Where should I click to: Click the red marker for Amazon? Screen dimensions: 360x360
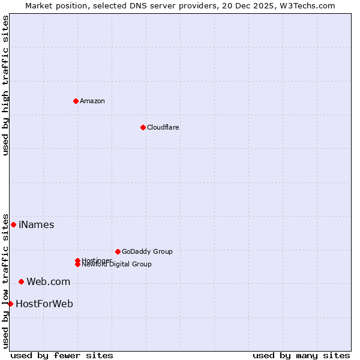(76, 101)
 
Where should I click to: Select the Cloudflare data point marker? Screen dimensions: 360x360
(143, 127)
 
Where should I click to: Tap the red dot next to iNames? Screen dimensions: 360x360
(13, 224)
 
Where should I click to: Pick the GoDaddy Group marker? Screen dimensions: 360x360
(118, 251)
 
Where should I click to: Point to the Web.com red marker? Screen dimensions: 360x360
(21, 281)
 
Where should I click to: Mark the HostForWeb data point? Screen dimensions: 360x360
(10, 304)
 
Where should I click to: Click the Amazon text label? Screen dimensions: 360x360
(92, 101)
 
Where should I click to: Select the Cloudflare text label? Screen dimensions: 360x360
(163, 127)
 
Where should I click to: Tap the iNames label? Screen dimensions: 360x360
(36, 225)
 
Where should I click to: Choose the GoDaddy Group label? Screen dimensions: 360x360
(147, 251)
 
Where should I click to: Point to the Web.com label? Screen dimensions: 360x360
(48, 282)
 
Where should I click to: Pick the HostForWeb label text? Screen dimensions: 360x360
(44, 304)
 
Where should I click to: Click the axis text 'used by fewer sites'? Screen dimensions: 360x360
(62, 356)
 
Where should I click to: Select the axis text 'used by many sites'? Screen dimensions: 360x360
(301, 356)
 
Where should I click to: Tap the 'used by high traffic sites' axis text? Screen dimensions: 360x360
(5, 85)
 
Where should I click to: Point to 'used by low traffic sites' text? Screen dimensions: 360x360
(5, 280)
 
